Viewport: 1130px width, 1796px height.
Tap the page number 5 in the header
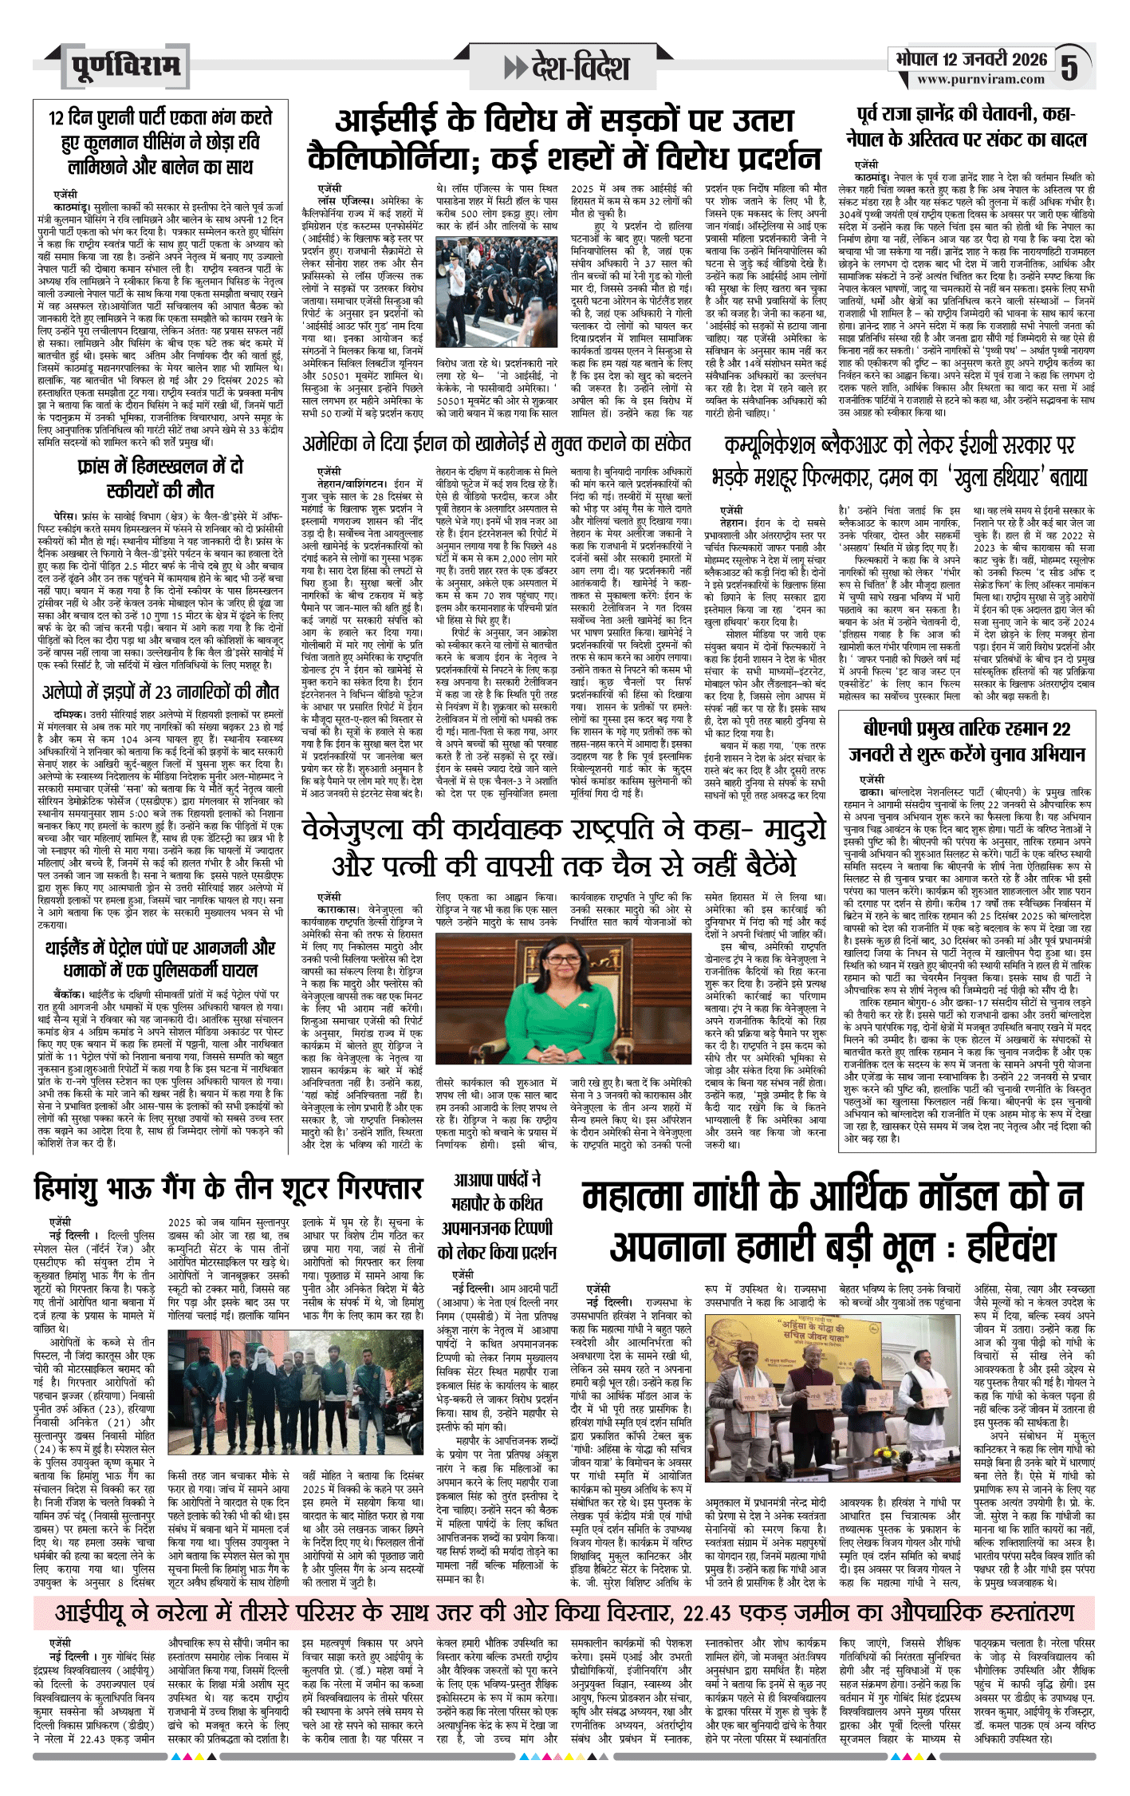(1069, 68)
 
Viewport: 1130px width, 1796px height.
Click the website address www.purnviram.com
(980, 80)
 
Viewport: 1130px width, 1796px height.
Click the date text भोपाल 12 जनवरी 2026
(971, 59)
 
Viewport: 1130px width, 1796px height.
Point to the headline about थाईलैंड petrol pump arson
(160, 960)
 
